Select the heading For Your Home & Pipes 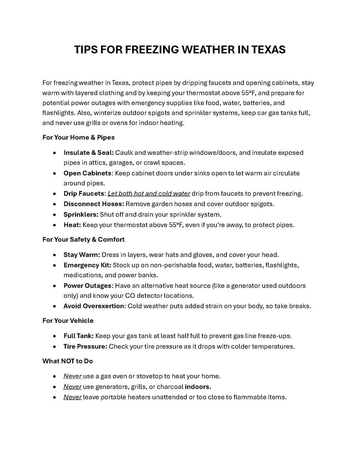pos(78,137)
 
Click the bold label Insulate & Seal pos(89,153)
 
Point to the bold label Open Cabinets pos(87,173)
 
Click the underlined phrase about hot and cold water pos(149,193)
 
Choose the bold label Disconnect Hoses pos(94,204)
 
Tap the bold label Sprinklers pos(81,214)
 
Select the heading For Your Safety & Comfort pos(83,240)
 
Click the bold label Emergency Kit pos(87,265)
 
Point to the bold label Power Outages pos(87,286)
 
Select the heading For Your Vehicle pos(68,321)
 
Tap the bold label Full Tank pos(78,336)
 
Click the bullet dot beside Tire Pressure pos(55,346)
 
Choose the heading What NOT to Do pos(68,361)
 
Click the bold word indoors pos(198,387)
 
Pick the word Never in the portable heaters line pos(73,397)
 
